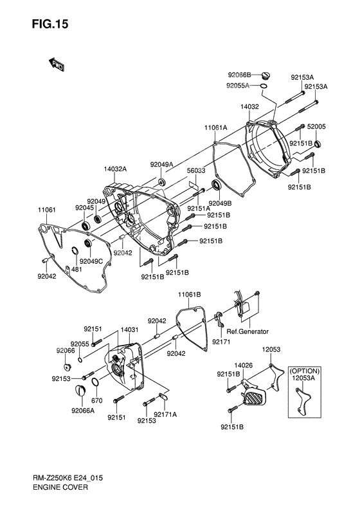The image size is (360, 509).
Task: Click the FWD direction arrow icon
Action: pos(57,63)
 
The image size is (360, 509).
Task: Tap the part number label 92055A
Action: pos(237,86)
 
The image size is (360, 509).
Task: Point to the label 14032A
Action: pos(115,169)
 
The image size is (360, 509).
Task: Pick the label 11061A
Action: pos(216,128)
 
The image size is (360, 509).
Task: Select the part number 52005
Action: pos(318,127)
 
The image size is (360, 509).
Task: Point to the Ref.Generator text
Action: pos(248,331)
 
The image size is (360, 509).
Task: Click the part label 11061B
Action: pos(190,293)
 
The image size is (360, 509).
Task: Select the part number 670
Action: pos(96,400)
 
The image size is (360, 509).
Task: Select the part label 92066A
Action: pos(83,410)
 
